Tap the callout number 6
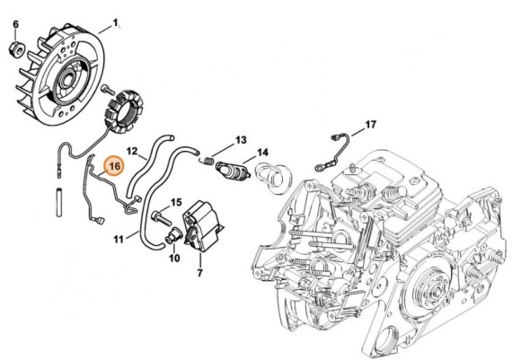pos(14,23)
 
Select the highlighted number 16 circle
pos(113,165)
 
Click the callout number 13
pos(240,140)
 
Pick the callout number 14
pos(263,153)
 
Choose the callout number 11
pos(119,239)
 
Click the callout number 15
pos(177,203)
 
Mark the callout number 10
pos(173,258)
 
